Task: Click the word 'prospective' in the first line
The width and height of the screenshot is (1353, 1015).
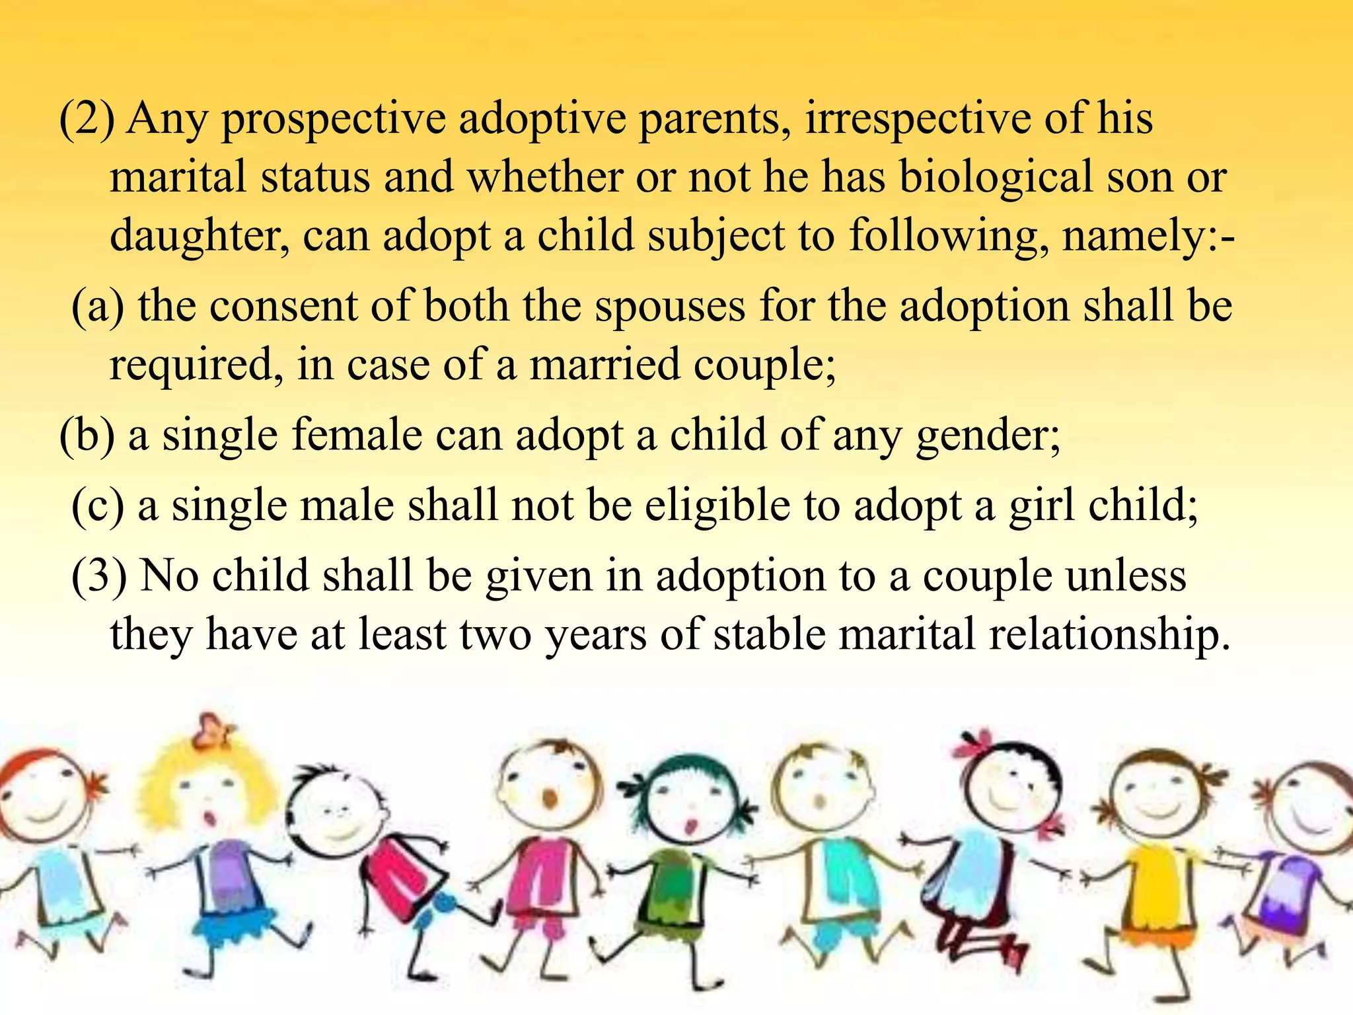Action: (x=334, y=120)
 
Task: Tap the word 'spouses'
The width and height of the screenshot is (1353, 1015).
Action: (x=669, y=308)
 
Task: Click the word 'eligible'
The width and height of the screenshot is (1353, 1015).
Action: (x=717, y=506)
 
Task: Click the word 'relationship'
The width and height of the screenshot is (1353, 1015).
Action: (x=1103, y=634)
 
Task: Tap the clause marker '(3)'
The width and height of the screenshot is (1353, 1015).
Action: (x=99, y=576)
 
